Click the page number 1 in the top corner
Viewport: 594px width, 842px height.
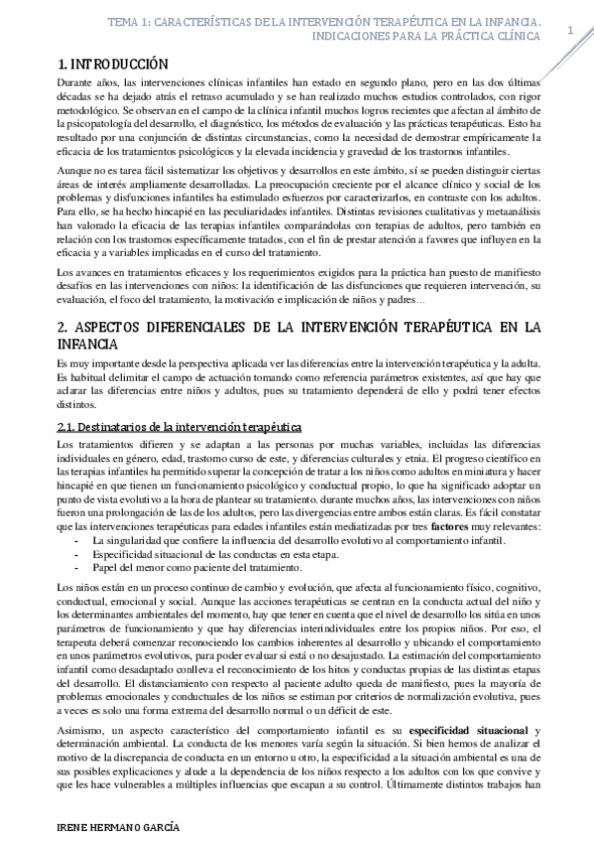570,31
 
